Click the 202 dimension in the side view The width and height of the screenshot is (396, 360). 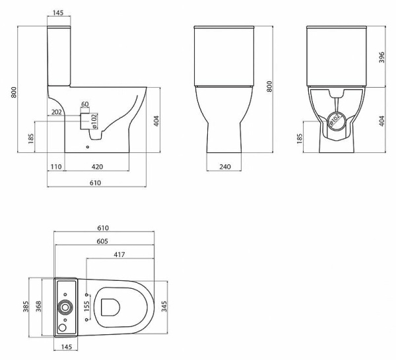(56, 113)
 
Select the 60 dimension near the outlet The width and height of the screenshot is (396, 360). (84, 104)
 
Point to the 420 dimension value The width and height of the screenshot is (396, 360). (96, 167)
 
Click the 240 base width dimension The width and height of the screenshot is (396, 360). (224, 167)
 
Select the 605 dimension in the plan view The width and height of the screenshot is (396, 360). (102, 242)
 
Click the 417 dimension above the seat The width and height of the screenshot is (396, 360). (119, 255)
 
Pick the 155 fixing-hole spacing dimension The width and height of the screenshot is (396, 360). (86, 306)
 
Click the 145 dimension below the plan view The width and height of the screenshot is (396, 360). (66, 347)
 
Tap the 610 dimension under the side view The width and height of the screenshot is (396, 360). (95, 183)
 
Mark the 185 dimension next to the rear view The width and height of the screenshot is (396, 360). (300, 138)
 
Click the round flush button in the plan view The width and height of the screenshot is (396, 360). (65, 307)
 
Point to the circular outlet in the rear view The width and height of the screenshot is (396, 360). (335, 121)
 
